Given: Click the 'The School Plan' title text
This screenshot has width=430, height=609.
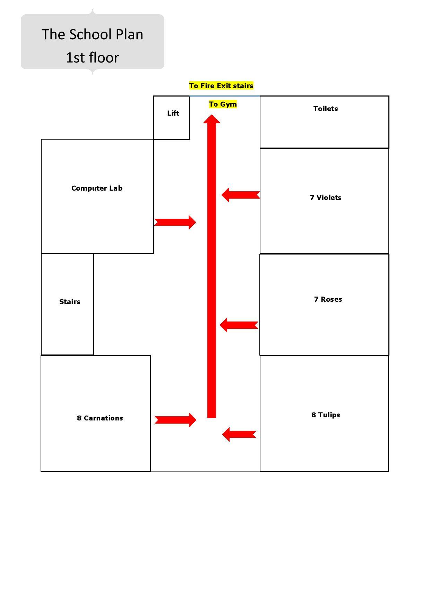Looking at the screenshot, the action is point(92,34).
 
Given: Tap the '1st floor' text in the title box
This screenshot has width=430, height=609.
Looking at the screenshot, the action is point(92,58).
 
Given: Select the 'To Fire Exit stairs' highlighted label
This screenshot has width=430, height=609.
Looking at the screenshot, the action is point(221,86).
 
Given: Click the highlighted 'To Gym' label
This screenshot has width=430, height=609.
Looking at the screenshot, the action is point(223,104).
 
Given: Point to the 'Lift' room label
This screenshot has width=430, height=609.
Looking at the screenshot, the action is point(173,113).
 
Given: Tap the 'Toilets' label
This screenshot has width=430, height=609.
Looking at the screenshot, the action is point(325,109).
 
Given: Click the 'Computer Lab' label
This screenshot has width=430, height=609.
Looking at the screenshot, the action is point(97,188).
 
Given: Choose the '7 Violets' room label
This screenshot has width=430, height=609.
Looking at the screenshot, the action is point(325,198).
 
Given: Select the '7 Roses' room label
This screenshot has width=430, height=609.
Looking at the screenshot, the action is point(328,299).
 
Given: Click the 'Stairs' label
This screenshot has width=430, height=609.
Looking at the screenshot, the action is point(69,302).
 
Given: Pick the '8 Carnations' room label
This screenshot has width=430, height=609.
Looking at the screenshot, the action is point(100,418).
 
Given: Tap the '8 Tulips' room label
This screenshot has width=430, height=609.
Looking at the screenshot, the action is point(325,415).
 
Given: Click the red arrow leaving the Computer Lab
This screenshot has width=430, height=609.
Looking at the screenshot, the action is point(175,222).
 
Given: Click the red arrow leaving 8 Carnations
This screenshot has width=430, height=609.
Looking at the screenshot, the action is point(175,420).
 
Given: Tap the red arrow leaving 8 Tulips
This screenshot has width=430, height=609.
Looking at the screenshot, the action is point(239,434).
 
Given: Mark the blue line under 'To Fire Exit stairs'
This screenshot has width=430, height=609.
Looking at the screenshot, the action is point(224,96).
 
